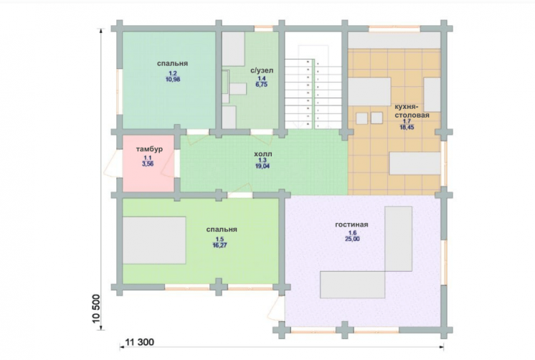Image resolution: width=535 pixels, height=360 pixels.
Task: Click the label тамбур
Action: [x=149, y=149]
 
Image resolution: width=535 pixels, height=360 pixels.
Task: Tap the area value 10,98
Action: [x=172, y=80]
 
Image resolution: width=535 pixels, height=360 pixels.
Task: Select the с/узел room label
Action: [x=262, y=70]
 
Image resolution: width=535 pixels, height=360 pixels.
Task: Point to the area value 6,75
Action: [x=261, y=85]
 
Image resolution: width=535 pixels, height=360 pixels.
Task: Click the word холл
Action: [x=262, y=154]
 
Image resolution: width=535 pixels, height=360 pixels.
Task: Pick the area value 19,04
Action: [x=262, y=166]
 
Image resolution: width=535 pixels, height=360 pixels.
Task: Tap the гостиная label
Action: [x=351, y=225]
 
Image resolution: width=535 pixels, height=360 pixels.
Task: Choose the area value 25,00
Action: [x=352, y=239]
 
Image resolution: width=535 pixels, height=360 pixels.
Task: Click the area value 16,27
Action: [x=219, y=245]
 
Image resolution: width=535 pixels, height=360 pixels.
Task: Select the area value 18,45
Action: [x=407, y=127]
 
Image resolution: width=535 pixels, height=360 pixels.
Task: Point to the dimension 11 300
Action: [x=140, y=342]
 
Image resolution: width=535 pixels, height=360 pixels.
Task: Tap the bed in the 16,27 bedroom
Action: [x=154, y=240]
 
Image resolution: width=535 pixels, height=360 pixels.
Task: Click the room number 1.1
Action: [x=148, y=158]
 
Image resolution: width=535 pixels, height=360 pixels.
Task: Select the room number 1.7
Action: [x=407, y=121]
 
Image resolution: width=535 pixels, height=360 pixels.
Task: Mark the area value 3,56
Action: [x=148, y=164]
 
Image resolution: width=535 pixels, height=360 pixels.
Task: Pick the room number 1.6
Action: [x=352, y=233]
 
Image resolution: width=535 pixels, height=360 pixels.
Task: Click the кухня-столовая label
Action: [x=412, y=110]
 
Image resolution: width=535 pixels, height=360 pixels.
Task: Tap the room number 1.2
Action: [x=172, y=73]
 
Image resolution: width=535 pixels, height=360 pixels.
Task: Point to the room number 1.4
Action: [x=261, y=78]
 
